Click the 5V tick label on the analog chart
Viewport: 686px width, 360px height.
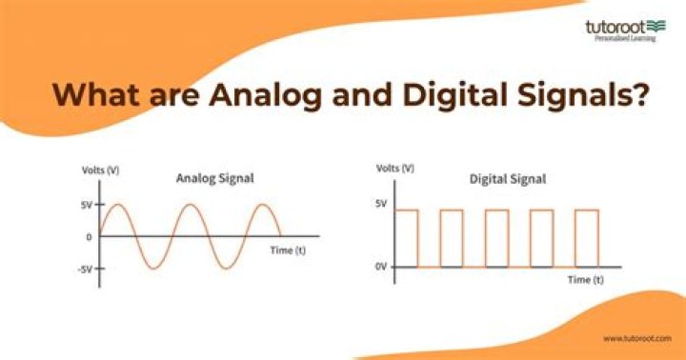(x=85, y=204)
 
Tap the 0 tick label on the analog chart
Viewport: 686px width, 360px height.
(x=89, y=237)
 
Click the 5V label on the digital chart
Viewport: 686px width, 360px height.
(x=380, y=203)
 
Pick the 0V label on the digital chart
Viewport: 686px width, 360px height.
(x=380, y=268)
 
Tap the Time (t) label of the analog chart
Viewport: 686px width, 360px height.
(x=287, y=250)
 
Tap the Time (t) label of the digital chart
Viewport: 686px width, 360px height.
(x=585, y=281)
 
